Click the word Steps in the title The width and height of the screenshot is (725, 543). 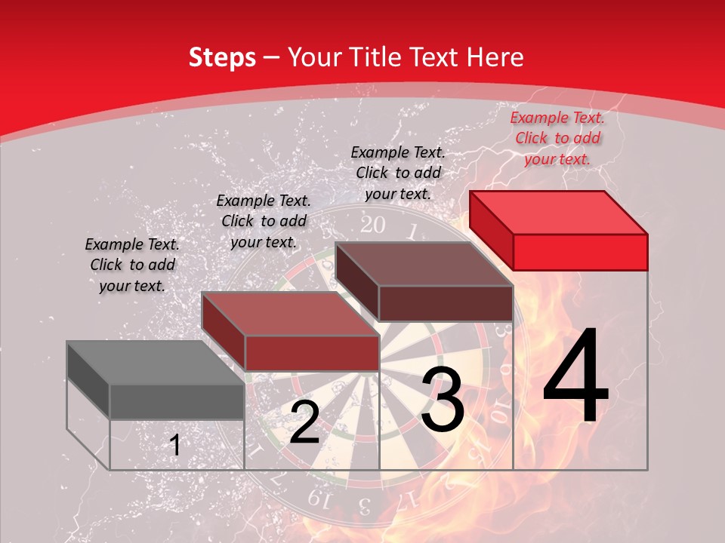pyautogui.click(x=222, y=58)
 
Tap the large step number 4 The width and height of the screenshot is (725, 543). pyautogui.click(x=575, y=377)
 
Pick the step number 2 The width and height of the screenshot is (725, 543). pyautogui.click(x=304, y=422)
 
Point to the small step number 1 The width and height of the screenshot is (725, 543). pyautogui.click(x=175, y=445)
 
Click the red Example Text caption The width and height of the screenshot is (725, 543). pyautogui.click(x=557, y=138)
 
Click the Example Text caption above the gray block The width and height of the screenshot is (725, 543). pyautogui.click(x=132, y=265)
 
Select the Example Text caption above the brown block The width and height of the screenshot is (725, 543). pyautogui.click(x=398, y=173)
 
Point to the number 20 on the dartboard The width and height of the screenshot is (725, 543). pyautogui.click(x=372, y=225)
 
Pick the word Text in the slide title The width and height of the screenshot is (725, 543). pyautogui.click(x=436, y=57)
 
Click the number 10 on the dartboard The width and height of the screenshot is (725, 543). pyautogui.click(x=499, y=416)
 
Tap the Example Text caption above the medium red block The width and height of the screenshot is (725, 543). pyautogui.click(x=264, y=221)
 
